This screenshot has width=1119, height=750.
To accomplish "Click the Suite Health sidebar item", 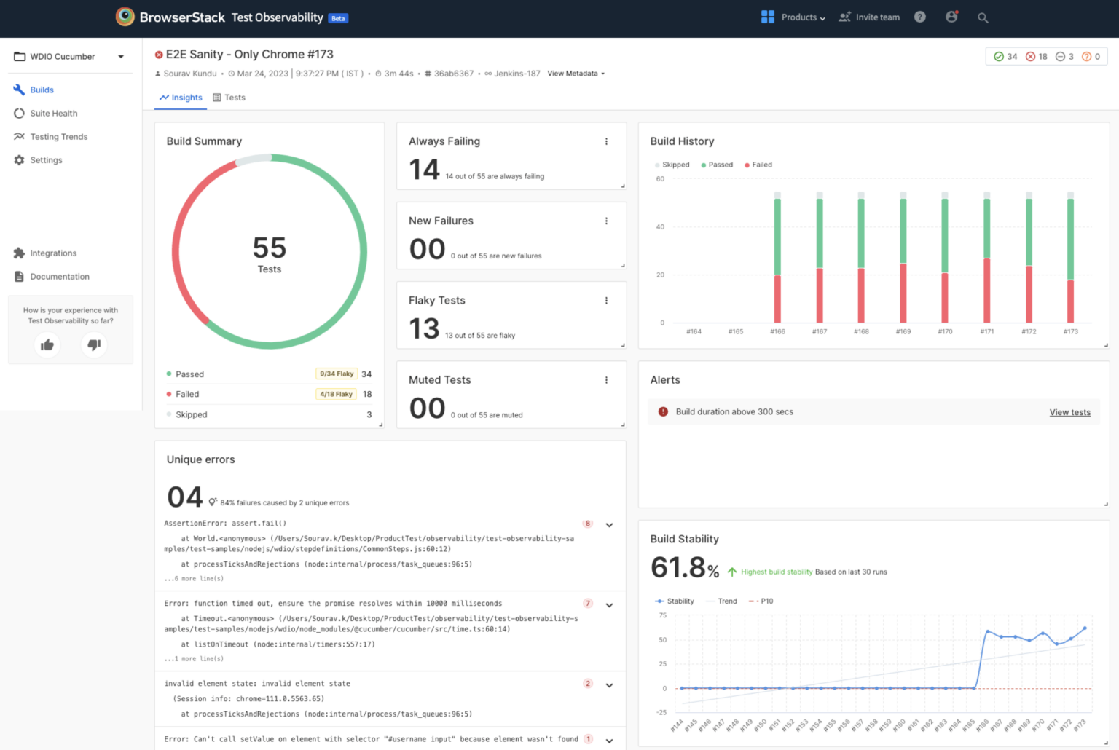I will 53,114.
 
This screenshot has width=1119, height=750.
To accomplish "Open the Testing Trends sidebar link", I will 58,137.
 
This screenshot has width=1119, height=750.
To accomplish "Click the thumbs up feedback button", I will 47,345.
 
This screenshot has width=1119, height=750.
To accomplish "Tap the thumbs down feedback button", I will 94,344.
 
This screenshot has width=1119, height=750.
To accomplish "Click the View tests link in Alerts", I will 1069,412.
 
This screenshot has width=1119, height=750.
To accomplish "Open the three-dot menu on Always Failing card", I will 606,141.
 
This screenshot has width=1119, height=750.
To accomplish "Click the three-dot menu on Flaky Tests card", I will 606,301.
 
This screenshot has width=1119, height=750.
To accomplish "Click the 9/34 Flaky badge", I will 336,374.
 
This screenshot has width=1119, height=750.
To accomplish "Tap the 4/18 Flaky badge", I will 336,394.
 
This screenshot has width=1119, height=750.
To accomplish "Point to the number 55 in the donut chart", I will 270,248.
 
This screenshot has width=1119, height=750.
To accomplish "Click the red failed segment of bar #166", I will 777,299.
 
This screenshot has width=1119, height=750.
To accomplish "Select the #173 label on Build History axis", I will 1070,331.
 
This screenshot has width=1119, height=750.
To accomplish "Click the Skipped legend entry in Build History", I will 672,165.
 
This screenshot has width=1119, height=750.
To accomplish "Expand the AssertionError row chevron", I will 609,525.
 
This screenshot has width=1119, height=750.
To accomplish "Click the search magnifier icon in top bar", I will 983,17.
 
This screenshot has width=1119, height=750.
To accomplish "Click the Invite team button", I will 870,17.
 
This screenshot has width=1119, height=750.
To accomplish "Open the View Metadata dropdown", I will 576,74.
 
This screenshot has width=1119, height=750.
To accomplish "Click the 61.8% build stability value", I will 684,567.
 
